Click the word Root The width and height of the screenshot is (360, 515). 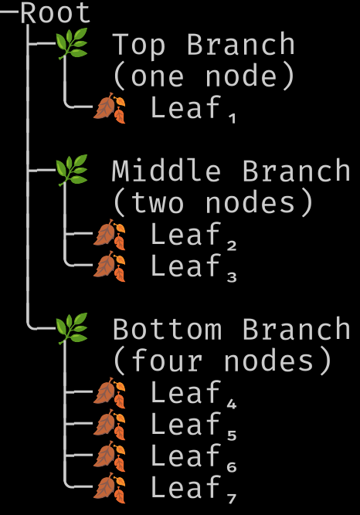56,13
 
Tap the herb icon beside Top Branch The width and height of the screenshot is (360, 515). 72,44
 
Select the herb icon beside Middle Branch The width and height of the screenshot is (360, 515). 72,171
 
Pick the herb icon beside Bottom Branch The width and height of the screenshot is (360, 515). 72,329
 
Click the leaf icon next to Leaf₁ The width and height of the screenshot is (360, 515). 109,108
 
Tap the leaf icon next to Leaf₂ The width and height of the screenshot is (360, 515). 109,235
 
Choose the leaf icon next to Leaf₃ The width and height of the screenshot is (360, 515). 109,266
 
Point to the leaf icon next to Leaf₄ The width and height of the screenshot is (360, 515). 109,393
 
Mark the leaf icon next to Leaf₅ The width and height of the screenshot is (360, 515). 109,425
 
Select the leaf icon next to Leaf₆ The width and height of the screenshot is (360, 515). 109,456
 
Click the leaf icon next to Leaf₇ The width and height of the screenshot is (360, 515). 109,488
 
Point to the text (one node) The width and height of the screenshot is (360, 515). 204,76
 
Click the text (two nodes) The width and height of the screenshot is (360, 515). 213,203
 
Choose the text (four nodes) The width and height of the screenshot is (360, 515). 222,361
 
